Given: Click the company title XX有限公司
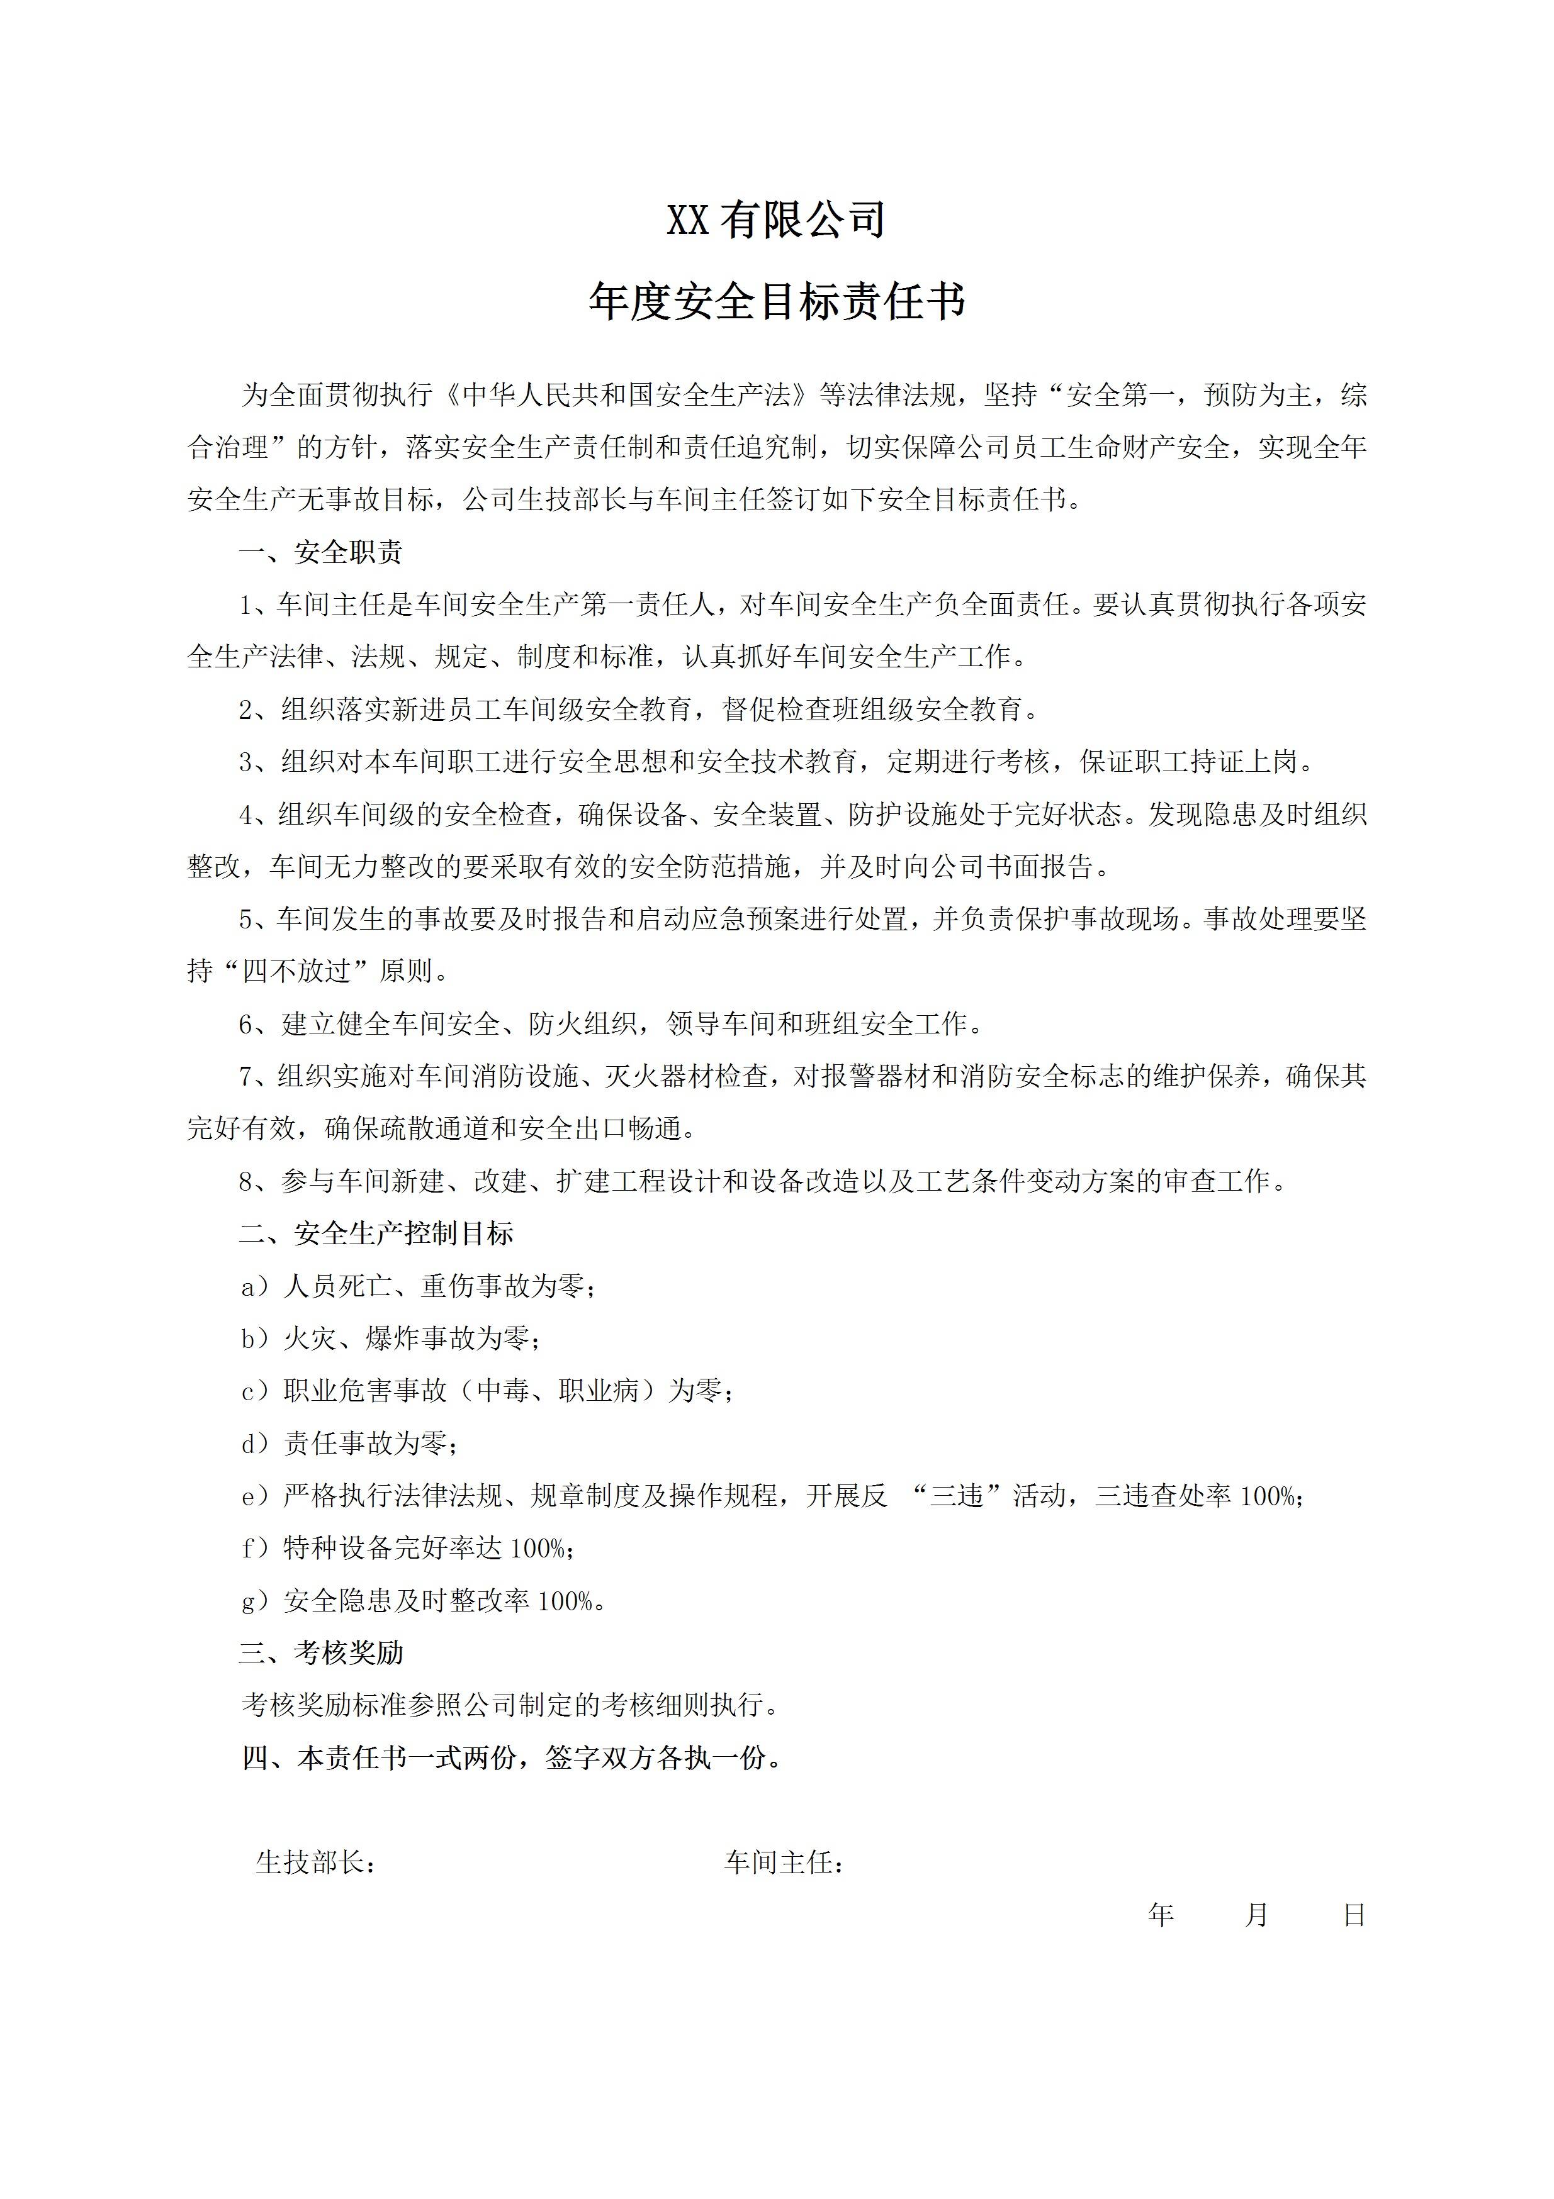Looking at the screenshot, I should (776, 220).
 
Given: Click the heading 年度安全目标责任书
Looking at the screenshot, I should (776, 302).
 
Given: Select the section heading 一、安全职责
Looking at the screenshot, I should (321, 553).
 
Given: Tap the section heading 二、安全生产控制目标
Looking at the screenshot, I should (376, 1233).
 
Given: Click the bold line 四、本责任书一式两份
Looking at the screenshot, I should (512, 1759).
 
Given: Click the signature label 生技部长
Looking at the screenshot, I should (314, 1863).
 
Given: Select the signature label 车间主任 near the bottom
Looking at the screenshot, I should (783, 1863).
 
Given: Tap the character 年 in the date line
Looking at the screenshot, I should (1161, 1915).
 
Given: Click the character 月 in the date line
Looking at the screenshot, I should (1257, 1915).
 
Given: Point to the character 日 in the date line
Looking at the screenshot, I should (1354, 1915).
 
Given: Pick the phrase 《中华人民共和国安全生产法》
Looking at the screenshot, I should (633, 396).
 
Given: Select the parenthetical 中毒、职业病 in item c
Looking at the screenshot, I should (558, 1391).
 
